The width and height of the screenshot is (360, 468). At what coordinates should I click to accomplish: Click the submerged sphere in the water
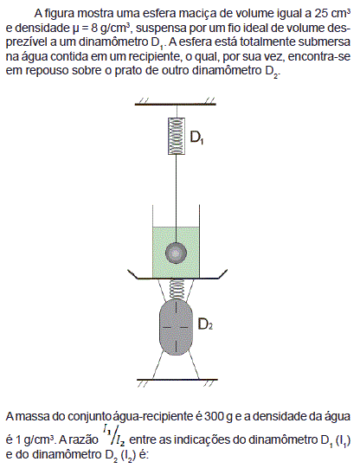click(x=177, y=253)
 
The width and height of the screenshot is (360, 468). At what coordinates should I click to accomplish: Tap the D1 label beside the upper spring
click(x=196, y=138)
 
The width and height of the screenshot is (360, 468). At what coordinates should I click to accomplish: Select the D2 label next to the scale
click(x=205, y=324)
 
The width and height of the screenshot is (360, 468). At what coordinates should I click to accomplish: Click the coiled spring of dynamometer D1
click(x=177, y=136)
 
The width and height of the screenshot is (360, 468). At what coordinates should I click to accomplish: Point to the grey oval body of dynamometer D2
click(x=176, y=327)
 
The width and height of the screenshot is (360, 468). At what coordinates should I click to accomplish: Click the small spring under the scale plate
click(x=176, y=289)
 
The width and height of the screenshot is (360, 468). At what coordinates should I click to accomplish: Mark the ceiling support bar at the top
click(x=176, y=104)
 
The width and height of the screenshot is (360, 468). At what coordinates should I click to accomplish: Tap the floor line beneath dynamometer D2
click(x=177, y=380)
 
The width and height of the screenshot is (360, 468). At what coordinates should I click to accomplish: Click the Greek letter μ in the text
click(x=75, y=29)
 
